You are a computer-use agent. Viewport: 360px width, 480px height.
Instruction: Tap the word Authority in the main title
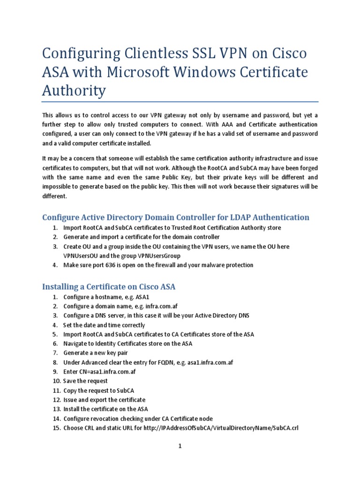(74, 91)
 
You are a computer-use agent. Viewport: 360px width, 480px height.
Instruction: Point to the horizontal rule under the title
(180, 101)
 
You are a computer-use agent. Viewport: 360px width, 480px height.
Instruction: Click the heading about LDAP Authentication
(176, 217)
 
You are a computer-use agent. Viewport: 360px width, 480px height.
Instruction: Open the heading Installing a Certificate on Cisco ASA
(109, 286)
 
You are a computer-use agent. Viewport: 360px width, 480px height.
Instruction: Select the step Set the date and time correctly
(104, 325)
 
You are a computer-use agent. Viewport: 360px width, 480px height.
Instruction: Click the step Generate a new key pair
(96, 352)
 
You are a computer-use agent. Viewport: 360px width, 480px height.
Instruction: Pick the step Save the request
(85, 381)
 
